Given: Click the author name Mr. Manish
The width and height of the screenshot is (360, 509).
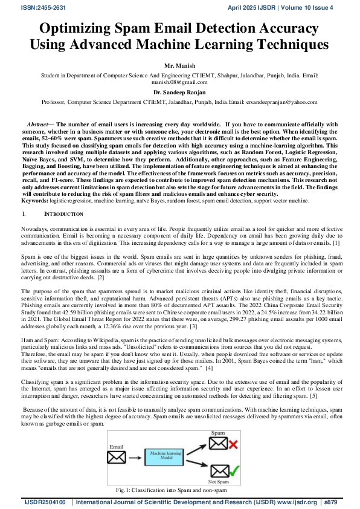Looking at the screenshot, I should click(179, 64).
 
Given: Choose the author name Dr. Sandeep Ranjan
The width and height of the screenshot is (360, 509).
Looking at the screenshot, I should click(179, 92).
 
